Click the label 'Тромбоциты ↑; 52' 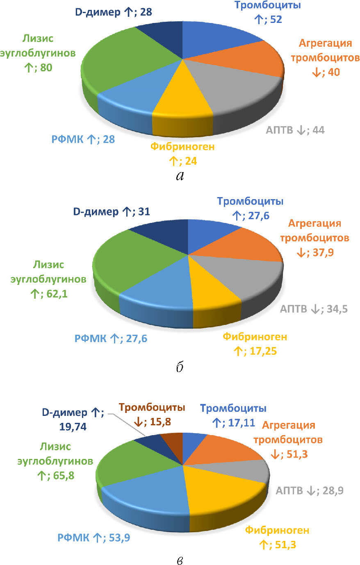pos(267,12)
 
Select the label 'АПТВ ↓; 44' pos(295,130)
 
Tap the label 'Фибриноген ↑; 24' pos(182,154)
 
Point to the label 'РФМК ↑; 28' pos(83,139)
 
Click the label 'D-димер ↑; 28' pos(114,12)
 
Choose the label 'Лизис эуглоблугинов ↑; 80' pos(38,53)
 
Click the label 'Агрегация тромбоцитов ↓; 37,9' pos(315,238)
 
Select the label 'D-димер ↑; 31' pos(112,212)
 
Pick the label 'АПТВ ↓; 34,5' pos(314,309)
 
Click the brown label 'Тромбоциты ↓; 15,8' pos(152,415)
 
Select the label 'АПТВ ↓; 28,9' pos(310,490)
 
